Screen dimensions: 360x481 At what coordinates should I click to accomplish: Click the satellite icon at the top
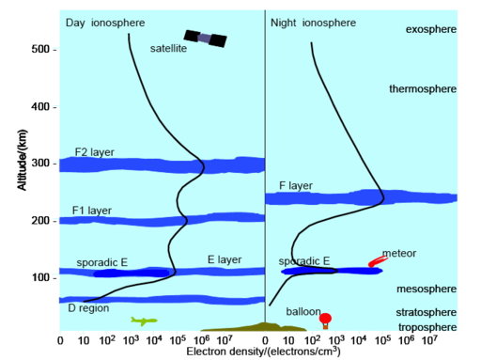[x=205, y=39]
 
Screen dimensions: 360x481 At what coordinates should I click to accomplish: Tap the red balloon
[x=325, y=319]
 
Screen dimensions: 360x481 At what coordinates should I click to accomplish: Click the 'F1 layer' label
[x=92, y=211]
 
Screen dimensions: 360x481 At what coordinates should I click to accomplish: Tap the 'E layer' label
[x=224, y=258]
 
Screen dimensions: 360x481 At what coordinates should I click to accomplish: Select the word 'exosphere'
[x=430, y=30]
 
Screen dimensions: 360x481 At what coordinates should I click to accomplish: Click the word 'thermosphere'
[x=423, y=89]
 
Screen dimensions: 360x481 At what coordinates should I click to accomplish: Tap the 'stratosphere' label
[x=425, y=312]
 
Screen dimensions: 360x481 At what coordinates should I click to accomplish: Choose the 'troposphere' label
[x=426, y=326]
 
